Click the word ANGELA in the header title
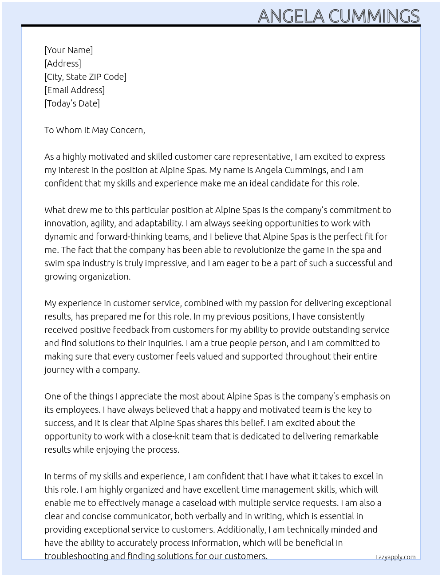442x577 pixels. click(x=291, y=16)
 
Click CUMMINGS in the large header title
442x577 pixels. click(x=374, y=16)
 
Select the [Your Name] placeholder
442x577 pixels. click(x=69, y=50)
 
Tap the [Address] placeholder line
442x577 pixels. click(x=63, y=63)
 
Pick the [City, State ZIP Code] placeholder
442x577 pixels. click(x=85, y=77)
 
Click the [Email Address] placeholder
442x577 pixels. click(x=75, y=90)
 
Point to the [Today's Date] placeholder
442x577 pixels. click(x=72, y=103)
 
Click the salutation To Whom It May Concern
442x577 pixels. click(x=95, y=130)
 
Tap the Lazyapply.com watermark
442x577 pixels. click(x=395, y=557)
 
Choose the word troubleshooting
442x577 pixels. click(x=76, y=556)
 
